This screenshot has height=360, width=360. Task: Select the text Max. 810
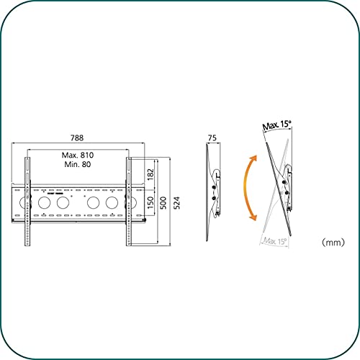[79, 156]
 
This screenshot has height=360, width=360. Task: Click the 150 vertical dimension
[149, 204]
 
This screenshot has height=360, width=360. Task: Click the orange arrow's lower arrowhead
[251, 217]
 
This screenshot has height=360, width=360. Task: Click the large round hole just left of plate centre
[62, 204]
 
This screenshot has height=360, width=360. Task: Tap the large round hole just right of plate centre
[93, 204]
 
